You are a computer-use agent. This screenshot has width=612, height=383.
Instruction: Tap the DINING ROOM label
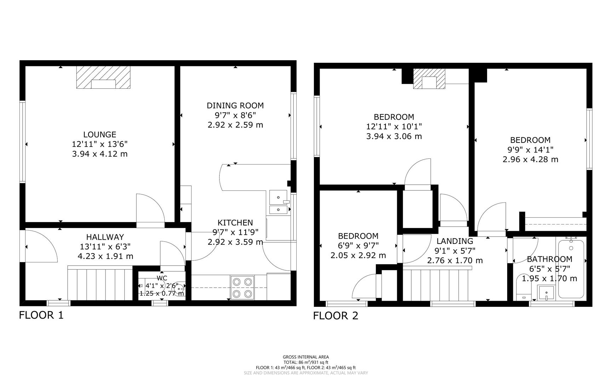click(235, 105)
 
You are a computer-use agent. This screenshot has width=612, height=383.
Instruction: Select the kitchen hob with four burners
click(242, 288)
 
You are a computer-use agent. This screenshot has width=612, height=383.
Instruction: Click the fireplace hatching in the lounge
click(84, 77)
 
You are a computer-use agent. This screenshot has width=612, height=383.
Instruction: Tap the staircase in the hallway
click(100, 284)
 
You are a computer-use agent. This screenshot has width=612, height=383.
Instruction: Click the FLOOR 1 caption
click(41, 315)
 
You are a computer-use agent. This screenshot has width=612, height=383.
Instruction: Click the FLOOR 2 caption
click(335, 316)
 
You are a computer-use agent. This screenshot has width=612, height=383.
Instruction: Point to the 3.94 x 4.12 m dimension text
click(99, 154)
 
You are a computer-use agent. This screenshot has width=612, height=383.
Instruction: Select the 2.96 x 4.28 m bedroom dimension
click(530, 159)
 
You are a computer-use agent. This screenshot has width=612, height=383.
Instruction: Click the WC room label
click(162, 278)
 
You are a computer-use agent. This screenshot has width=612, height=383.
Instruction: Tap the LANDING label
click(454, 241)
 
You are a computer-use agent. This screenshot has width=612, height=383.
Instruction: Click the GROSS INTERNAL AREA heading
click(305, 357)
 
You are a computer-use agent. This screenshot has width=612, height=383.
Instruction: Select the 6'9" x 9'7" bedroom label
click(358, 245)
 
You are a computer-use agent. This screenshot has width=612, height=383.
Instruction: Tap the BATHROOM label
click(549, 259)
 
